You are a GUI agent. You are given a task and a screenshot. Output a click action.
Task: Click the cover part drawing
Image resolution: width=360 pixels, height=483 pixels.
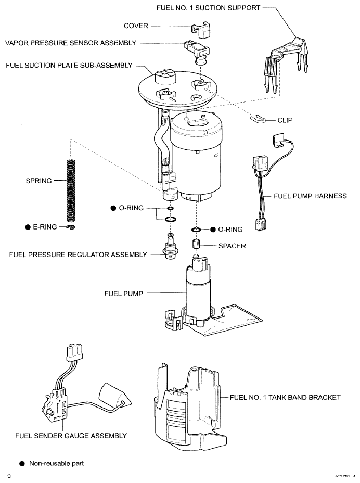tap(200, 30)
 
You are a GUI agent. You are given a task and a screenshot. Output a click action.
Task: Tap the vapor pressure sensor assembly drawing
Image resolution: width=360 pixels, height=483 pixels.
tap(197, 52)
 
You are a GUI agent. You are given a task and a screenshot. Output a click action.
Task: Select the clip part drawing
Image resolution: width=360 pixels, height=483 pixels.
tap(258, 118)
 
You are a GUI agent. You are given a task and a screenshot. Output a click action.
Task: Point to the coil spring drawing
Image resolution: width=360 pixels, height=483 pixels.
tap(71, 192)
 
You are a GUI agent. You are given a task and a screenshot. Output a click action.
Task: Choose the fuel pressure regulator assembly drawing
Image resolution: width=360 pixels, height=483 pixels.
tap(170, 246)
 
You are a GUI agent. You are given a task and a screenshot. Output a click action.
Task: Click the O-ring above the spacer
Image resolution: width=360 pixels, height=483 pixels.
tap(196, 230)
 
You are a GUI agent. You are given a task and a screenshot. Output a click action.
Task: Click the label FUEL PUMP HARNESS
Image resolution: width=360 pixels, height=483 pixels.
tap(310, 196)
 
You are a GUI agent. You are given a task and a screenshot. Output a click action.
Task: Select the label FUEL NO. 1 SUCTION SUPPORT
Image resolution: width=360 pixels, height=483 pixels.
tap(208, 8)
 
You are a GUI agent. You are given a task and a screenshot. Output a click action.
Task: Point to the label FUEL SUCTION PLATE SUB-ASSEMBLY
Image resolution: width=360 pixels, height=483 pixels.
tap(69, 65)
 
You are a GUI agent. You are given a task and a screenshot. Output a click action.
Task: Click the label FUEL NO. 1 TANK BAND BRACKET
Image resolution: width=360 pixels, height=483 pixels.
tap(285, 397)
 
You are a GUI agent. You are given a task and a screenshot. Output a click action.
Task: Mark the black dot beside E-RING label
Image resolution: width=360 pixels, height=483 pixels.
tap(28, 227)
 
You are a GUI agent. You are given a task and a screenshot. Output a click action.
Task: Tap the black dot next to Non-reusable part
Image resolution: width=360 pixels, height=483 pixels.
tap(22, 464)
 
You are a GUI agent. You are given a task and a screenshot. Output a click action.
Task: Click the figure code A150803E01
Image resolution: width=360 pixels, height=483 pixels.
tap(345, 476)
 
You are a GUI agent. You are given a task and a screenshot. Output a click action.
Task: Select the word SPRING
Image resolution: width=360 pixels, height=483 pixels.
tap(39, 181)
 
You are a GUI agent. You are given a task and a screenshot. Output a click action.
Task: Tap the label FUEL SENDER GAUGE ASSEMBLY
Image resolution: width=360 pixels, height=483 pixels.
tap(71, 436)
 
